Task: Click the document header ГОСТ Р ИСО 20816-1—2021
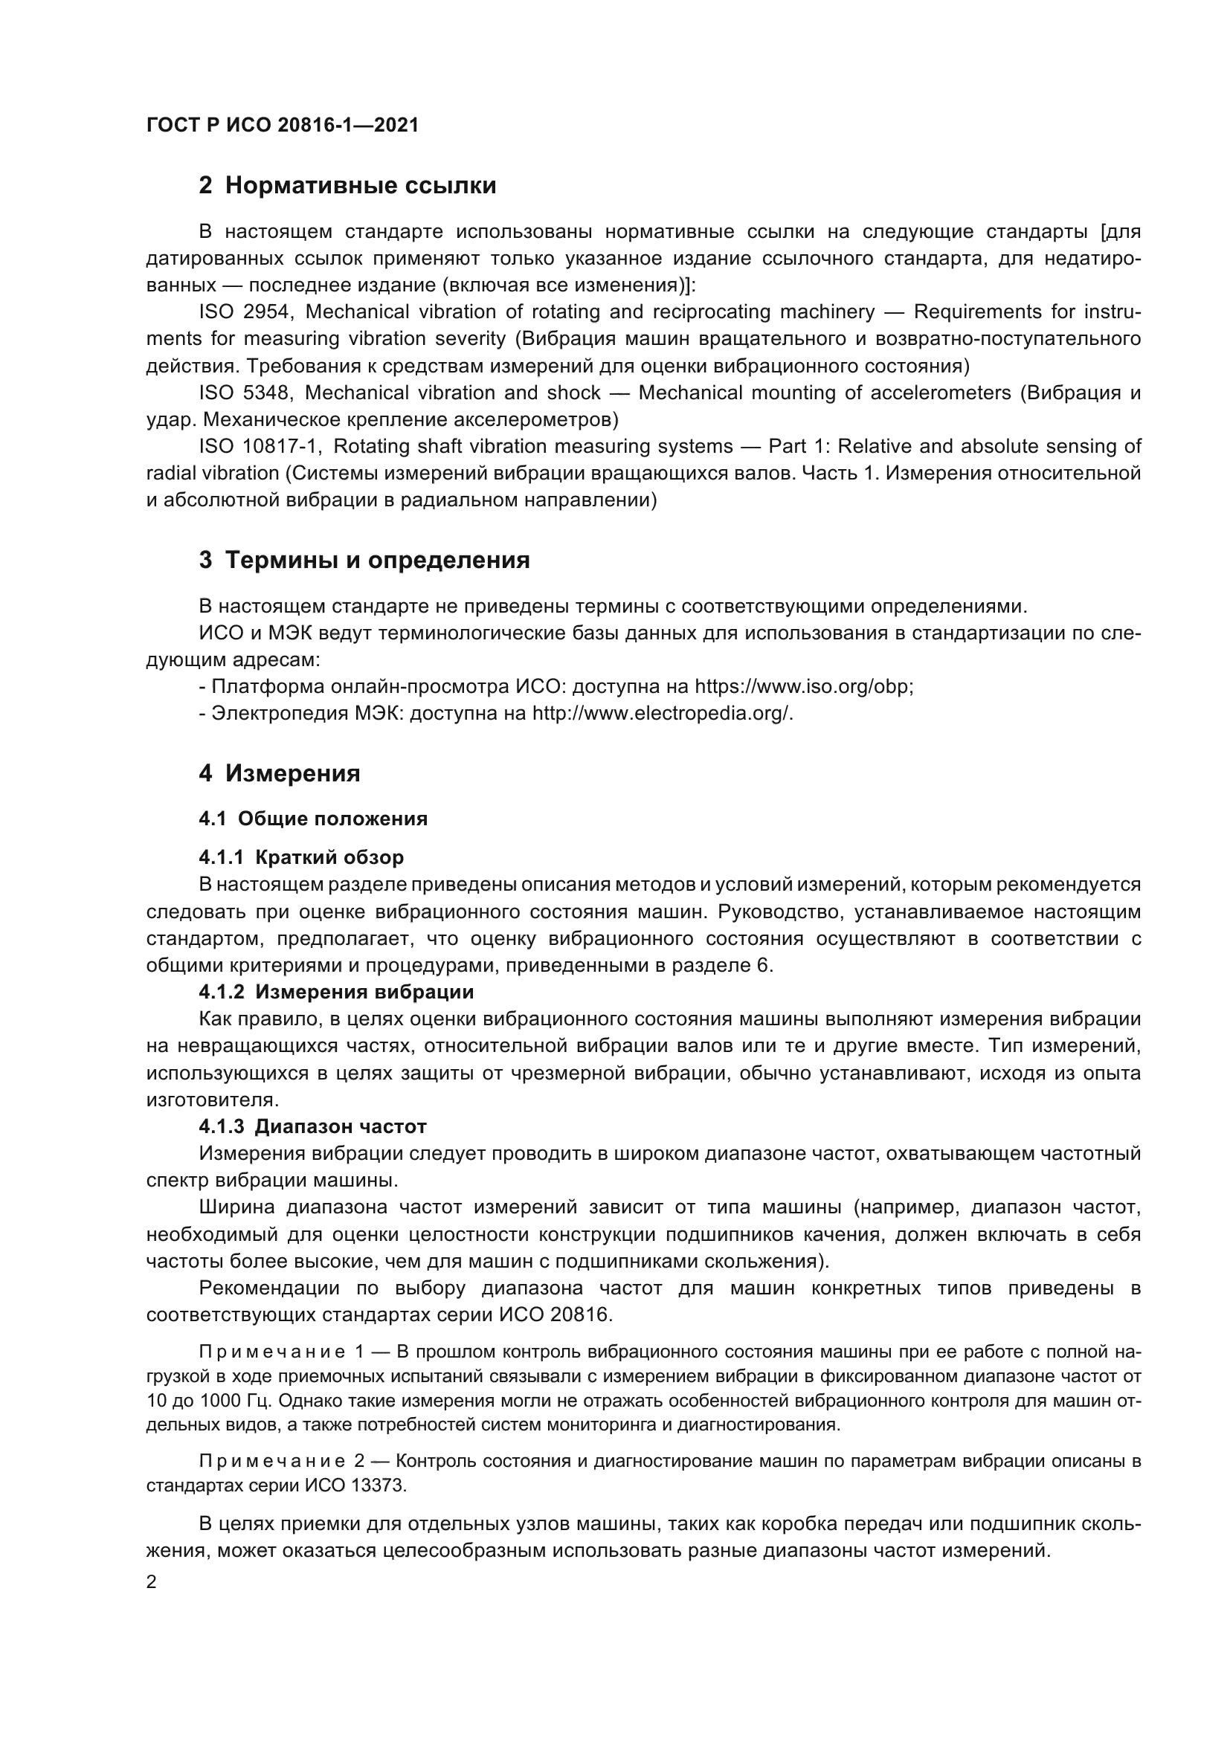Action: [282, 125]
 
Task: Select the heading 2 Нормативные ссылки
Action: [347, 185]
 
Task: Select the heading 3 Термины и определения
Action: [364, 560]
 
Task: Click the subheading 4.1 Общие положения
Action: [313, 819]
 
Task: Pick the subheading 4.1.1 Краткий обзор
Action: [300, 857]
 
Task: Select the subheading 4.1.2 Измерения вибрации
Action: [335, 992]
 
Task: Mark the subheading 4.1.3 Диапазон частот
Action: [312, 1126]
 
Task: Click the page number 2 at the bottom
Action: [152, 1582]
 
